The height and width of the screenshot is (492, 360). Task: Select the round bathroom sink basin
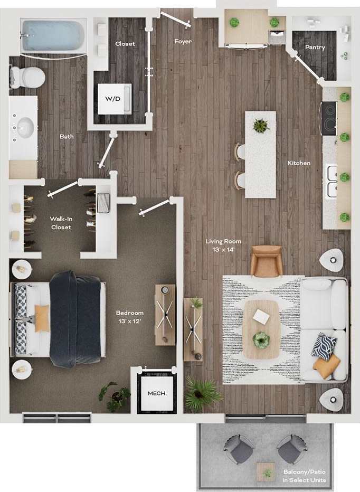point(24,127)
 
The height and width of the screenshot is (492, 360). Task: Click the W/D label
point(113,99)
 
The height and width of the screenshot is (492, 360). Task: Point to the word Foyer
point(183,41)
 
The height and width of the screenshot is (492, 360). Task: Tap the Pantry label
point(315,48)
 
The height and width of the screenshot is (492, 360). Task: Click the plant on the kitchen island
point(260,125)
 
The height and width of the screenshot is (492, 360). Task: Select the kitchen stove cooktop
point(328,118)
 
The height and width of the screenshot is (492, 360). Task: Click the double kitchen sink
point(331,181)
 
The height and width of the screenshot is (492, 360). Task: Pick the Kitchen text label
point(299,163)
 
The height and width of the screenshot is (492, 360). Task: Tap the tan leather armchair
point(266,261)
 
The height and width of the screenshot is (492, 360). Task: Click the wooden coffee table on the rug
point(261,329)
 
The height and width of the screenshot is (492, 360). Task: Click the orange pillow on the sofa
point(327,366)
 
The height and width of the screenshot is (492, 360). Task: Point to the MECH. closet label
point(157,393)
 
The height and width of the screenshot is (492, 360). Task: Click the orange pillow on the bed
point(42,318)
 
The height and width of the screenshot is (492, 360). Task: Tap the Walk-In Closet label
point(62,222)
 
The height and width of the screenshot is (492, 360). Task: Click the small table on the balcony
point(266,471)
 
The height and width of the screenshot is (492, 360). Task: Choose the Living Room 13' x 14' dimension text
point(220,245)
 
